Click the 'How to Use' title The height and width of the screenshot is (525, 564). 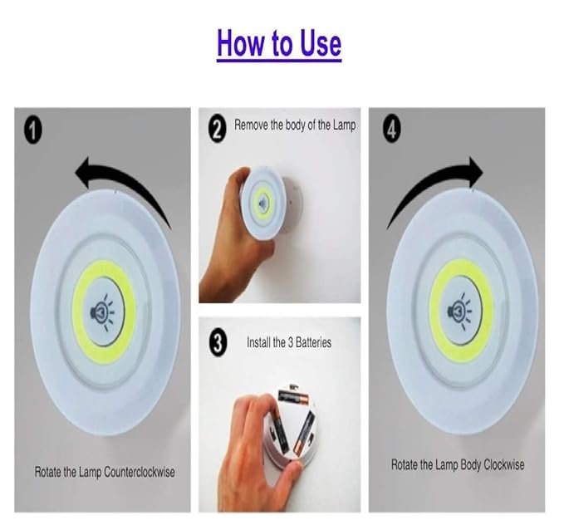point(279,43)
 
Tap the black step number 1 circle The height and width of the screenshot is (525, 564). point(32,130)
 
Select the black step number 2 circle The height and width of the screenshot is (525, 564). point(218,130)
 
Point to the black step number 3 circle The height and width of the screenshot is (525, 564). point(218,343)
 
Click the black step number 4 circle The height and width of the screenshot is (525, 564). point(392,130)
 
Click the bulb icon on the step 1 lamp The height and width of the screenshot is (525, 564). point(102,312)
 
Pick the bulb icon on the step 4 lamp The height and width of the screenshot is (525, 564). point(459,311)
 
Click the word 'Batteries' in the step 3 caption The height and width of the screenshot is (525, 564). point(314,342)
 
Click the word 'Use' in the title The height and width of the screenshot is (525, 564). point(321,43)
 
